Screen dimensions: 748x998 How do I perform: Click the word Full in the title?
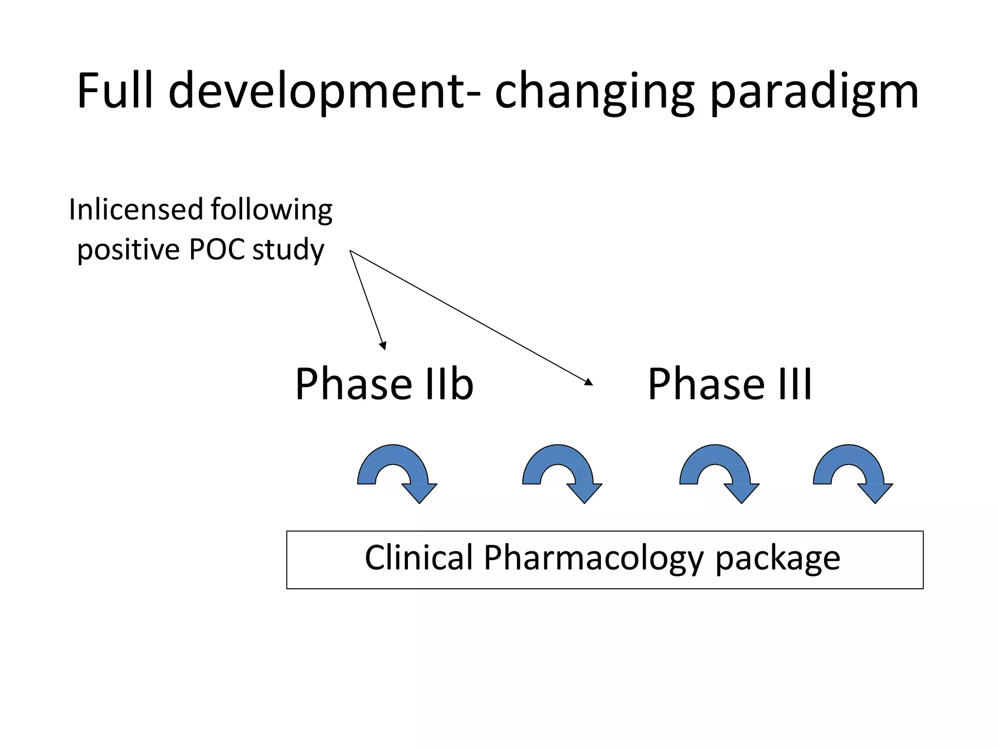click(115, 91)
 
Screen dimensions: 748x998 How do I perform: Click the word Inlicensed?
click(136, 209)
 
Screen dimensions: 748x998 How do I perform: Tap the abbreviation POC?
click(216, 249)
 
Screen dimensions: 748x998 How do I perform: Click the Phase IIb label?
click(384, 384)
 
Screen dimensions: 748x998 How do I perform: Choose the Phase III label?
click(729, 384)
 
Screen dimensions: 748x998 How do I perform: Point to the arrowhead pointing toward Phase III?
click(589, 382)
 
